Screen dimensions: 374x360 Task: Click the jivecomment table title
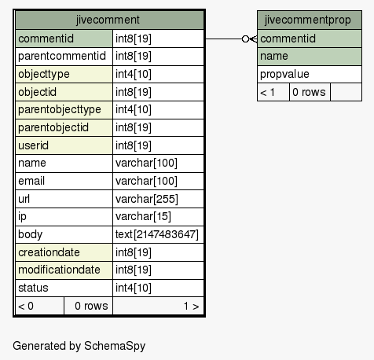point(108,20)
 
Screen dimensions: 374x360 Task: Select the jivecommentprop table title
point(307,20)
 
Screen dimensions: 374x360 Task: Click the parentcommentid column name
point(62,56)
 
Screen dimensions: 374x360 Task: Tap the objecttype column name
point(44,74)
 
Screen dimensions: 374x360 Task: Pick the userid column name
point(33,145)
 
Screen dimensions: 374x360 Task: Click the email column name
point(31,181)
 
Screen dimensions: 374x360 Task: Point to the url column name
point(24,199)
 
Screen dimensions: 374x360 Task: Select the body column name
point(31,234)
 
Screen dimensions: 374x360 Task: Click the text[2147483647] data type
point(157,234)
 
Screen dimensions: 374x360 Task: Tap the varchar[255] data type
point(147,199)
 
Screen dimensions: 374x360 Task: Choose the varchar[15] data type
point(143,217)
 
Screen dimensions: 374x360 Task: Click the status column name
point(33,288)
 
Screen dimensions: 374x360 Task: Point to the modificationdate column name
point(59,270)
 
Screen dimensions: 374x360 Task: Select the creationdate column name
point(49,252)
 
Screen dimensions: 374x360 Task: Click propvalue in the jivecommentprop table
point(284,75)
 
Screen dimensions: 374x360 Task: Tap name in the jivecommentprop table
point(274,56)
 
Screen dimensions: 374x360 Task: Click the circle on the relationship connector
point(245,39)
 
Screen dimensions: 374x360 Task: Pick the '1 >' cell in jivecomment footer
point(191,306)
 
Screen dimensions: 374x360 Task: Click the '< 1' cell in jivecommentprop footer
point(267,92)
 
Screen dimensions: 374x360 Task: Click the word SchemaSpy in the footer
point(115,346)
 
